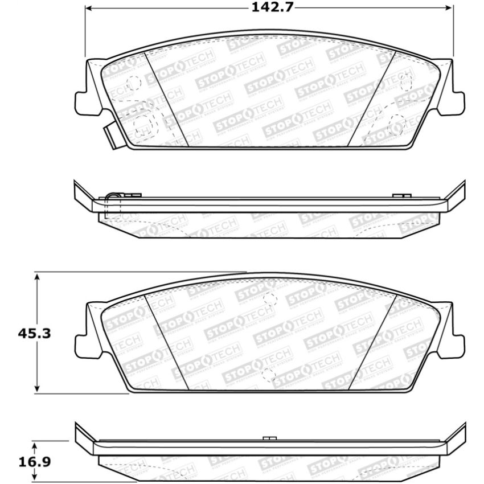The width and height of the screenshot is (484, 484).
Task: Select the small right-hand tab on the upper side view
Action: click(x=403, y=195)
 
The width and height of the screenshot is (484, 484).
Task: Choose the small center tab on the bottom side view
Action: click(x=270, y=438)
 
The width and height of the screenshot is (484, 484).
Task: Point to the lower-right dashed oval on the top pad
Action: click(x=397, y=122)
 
